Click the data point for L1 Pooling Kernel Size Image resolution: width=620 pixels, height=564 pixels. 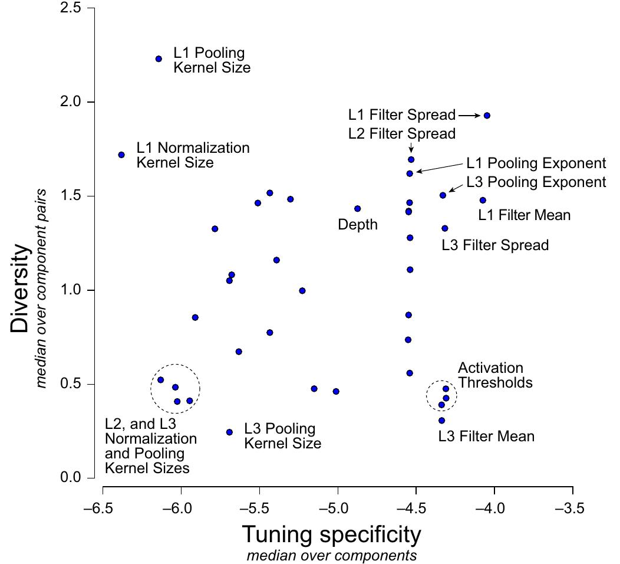tap(159, 59)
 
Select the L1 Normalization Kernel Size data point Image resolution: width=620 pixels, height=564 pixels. tap(121, 155)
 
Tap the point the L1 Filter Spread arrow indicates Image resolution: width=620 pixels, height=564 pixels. tap(487, 116)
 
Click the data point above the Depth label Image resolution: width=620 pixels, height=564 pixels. tap(357, 209)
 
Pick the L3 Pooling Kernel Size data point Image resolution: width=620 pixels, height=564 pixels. tap(229, 432)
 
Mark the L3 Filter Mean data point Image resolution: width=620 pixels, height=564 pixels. tap(441, 421)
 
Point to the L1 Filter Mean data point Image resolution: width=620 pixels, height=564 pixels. tap(483, 201)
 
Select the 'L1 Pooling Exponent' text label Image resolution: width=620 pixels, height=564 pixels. tap(536, 163)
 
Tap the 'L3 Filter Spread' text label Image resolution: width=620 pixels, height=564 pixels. tap(495, 245)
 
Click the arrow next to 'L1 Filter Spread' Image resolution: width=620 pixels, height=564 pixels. tap(470, 116)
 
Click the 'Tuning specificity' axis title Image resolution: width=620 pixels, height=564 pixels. tap(332, 535)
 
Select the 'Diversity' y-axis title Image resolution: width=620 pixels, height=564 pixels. tap(19, 289)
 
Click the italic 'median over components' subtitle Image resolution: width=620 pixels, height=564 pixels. tap(332, 556)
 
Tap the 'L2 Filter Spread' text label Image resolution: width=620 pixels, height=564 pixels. tap(401, 134)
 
